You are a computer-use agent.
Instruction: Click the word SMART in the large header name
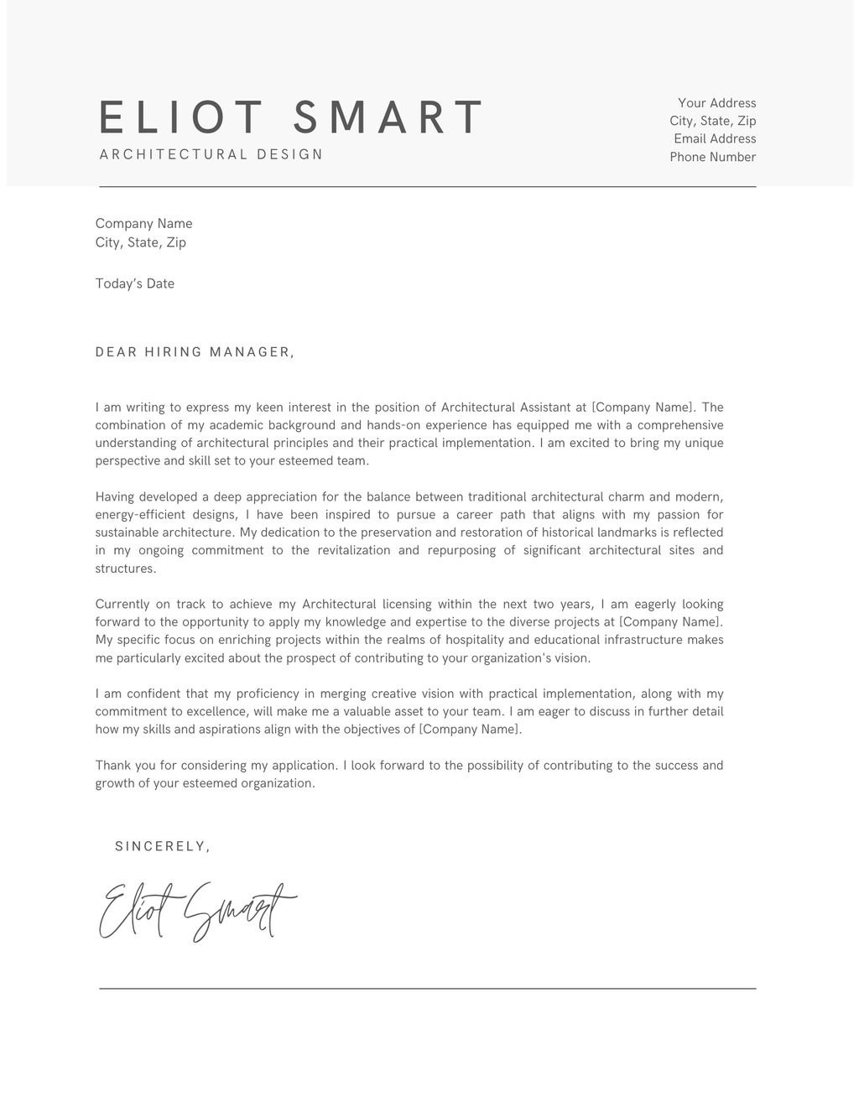(389, 117)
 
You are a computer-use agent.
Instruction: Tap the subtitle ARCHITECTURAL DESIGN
(211, 154)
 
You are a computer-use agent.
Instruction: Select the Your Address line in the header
(716, 103)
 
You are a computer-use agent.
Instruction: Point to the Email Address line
(715, 139)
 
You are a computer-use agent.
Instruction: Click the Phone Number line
(712, 157)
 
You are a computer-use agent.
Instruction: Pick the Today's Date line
(135, 283)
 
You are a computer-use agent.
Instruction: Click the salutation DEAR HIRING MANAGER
(195, 352)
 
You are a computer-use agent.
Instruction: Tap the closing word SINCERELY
(162, 846)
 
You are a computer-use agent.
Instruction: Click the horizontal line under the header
(428, 187)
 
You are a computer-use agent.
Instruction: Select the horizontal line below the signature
(428, 989)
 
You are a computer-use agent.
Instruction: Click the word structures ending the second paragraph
(125, 569)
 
